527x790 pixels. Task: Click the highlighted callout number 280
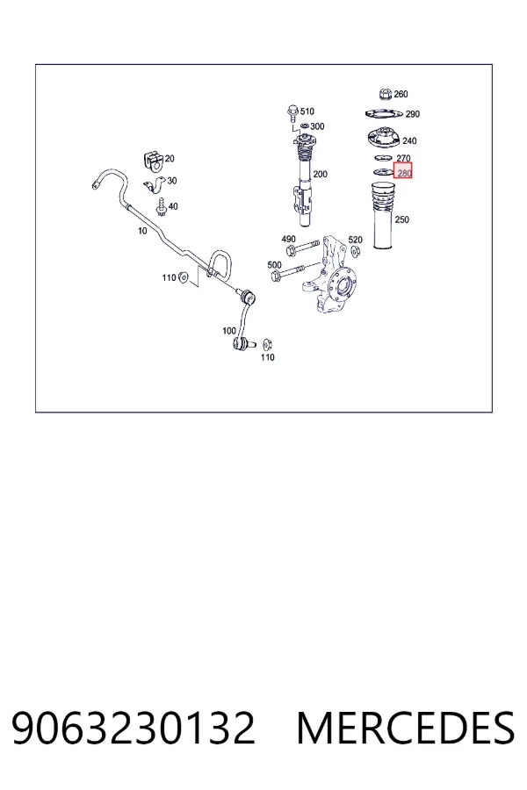coord(404,173)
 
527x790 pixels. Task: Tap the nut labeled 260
coord(385,94)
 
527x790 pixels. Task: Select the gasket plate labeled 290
coord(383,114)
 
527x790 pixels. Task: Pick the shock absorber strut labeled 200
coord(304,182)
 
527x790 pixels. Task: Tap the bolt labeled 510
coord(292,112)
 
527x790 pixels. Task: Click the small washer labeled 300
coord(304,126)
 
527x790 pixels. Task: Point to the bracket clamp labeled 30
coord(154,185)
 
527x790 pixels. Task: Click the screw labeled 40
coord(162,207)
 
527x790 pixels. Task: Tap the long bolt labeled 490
coord(301,248)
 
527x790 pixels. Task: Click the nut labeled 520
coord(355,251)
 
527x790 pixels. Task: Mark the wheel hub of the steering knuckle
coord(343,285)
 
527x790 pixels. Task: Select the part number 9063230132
coord(134,728)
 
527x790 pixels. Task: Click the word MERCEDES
coord(406,728)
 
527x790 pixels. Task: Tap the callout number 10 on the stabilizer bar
coord(142,231)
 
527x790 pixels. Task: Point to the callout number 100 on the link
coord(229,331)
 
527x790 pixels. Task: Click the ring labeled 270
coord(384,159)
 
